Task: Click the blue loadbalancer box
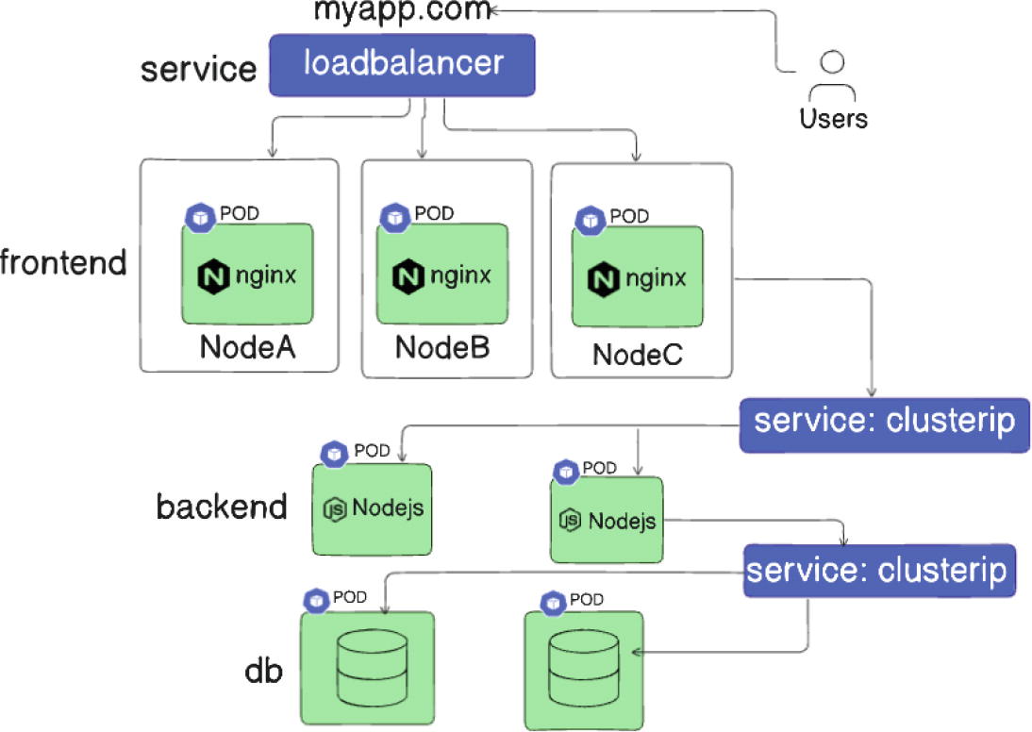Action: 403,65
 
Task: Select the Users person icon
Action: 831,79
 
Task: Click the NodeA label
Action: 248,347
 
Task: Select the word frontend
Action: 63,262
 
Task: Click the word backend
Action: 222,507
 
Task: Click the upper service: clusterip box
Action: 884,421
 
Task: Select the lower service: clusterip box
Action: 878,570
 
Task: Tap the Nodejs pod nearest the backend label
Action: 373,509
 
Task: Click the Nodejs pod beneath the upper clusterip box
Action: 607,521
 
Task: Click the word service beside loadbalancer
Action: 198,69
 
